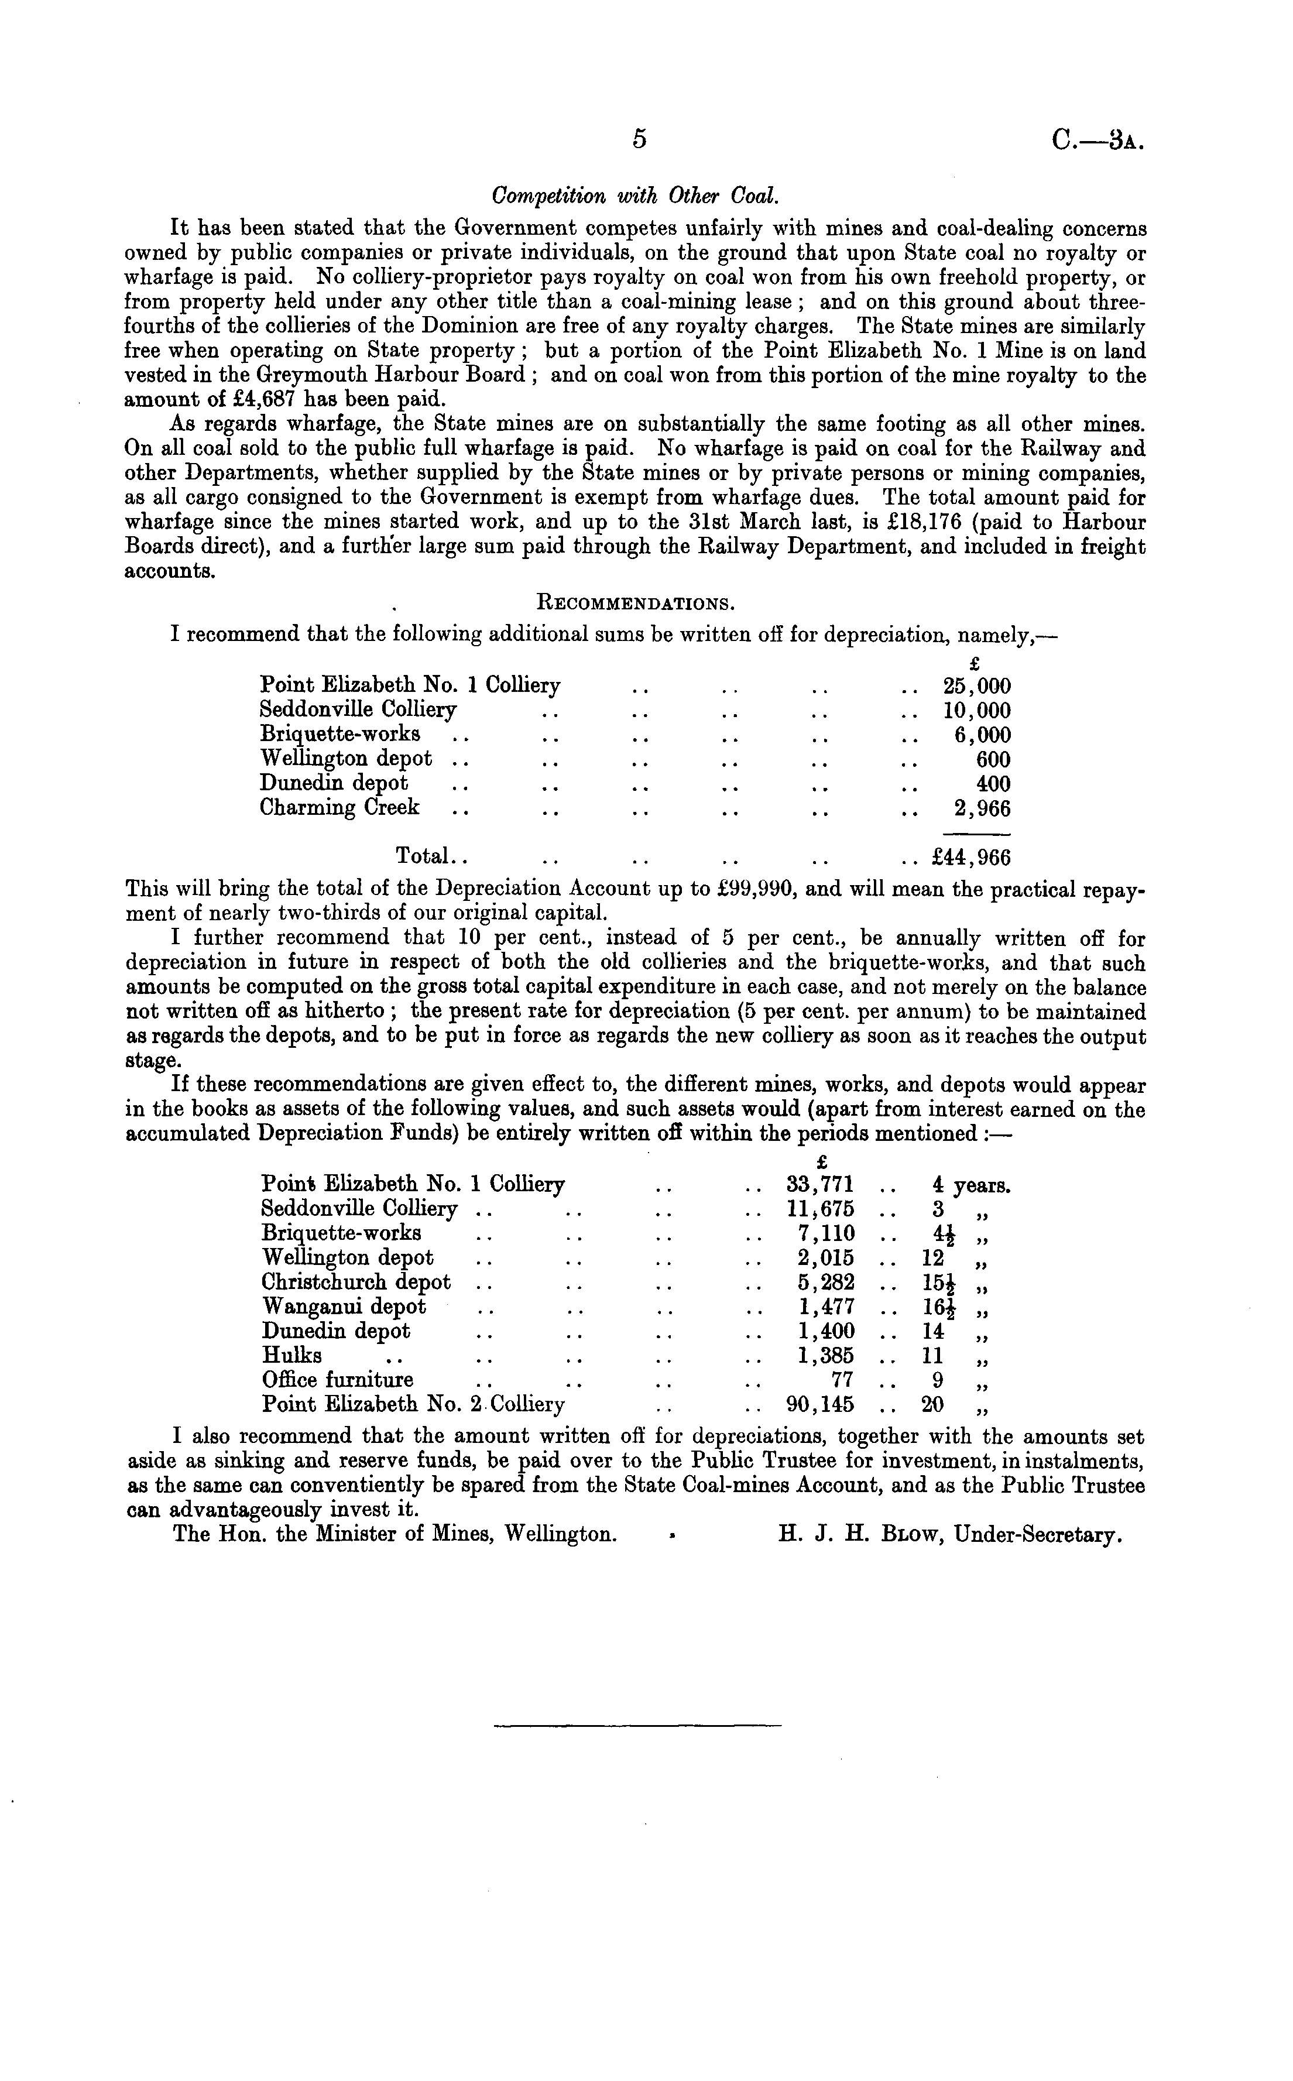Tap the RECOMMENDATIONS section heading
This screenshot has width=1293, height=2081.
pyautogui.click(x=636, y=604)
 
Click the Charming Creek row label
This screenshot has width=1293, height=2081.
pyautogui.click(x=339, y=808)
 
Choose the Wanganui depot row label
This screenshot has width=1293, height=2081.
pyautogui.click(x=344, y=1307)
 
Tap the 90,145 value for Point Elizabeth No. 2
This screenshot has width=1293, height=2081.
pyautogui.click(x=819, y=1404)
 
